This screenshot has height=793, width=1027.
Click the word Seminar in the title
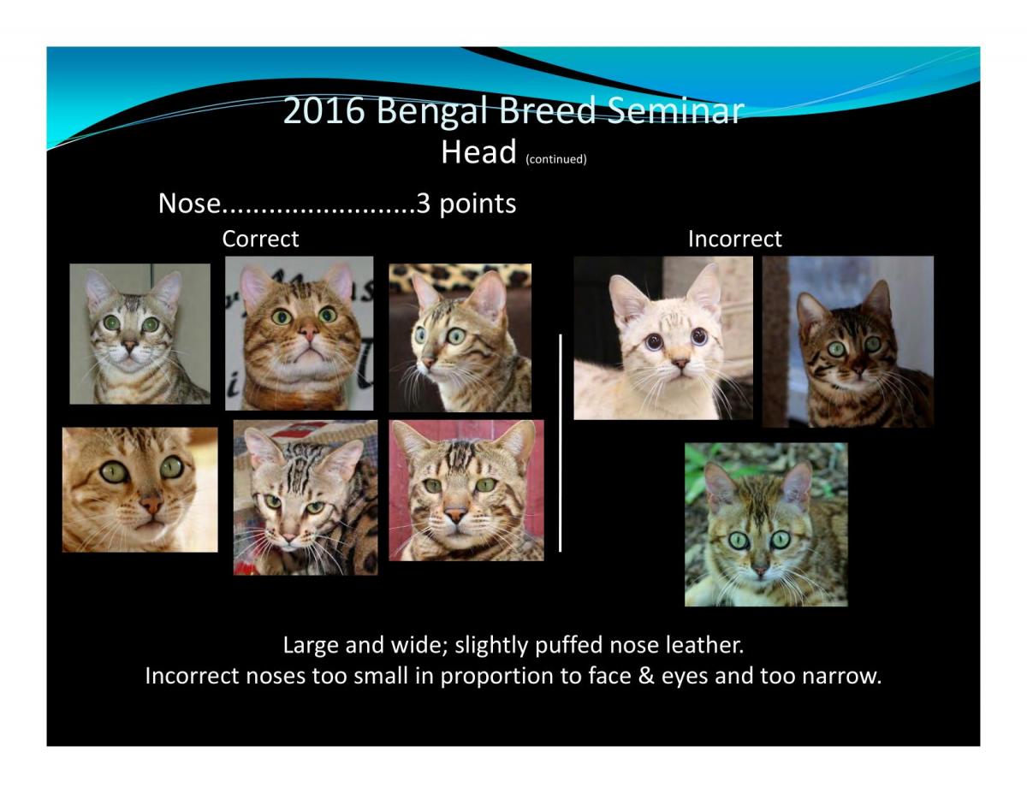point(675,110)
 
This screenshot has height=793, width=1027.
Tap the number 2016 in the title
point(324,110)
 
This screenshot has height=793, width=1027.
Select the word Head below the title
point(478,152)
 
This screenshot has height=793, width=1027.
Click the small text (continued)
point(555,159)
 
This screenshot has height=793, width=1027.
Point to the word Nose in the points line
point(189,204)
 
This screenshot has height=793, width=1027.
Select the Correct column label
point(260,239)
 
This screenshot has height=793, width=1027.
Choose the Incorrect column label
point(734,239)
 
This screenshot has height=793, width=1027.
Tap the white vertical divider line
point(560,442)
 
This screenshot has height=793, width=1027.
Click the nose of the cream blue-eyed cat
point(680,363)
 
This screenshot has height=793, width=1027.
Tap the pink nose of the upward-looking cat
point(309,333)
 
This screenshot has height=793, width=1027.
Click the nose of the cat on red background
point(455,514)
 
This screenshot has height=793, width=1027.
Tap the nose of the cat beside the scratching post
point(859,370)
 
